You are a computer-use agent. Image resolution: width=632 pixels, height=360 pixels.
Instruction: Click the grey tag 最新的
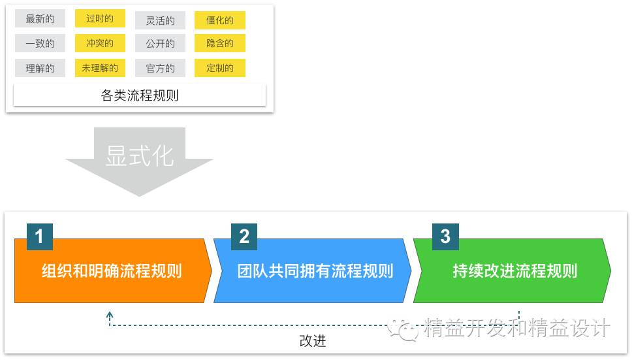pyautogui.click(x=40, y=19)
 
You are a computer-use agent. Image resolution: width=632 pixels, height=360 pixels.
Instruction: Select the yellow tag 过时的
pyautogui.click(x=100, y=18)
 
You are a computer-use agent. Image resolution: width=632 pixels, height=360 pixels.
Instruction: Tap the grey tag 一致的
pyautogui.click(x=40, y=44)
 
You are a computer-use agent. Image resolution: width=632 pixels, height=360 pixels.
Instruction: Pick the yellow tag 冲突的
pyautogui.click(x=100, y=43)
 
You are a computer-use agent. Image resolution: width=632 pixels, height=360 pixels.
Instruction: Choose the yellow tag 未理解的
pyautogui.click(x=100, y=68)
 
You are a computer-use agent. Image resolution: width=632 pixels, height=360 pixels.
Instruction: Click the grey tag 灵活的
pyautogui.click(x=161, y=20)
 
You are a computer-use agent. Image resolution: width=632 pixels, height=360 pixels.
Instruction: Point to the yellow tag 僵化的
pyautogui.click(x=220, y=20)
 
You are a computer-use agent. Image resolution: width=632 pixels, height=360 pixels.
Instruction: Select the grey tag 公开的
pyautogui.click(x=161, y=44)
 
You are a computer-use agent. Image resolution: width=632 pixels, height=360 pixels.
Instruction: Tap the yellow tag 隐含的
pyautogui.click(x=220, y=44)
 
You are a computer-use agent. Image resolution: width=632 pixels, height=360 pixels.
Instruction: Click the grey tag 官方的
pyautogui.click(x=161, y=68)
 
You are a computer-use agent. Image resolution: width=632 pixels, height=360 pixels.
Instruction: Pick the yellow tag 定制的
pyautogui.click(x=220, y=68)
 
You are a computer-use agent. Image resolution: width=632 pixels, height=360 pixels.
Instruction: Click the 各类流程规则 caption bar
pyautogui.click(x=140, y=95)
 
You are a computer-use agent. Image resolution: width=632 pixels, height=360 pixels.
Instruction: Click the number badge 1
pyautogui.click(x=39, y=237)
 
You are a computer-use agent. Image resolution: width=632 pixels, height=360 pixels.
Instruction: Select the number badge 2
pyautogui.click(x=244, y=237)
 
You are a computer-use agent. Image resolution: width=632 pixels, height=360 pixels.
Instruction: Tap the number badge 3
pyautogui.click(x=445, y=237)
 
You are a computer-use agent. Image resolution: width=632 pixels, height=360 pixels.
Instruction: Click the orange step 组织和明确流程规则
pyautogui.click(x=112, y=271)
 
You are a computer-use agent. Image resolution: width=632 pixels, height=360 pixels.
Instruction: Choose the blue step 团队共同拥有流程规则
pyautogui.click(x=315, y=271)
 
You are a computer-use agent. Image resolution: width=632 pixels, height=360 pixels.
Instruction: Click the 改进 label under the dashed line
pyautogui.click(x=313, y=340)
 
